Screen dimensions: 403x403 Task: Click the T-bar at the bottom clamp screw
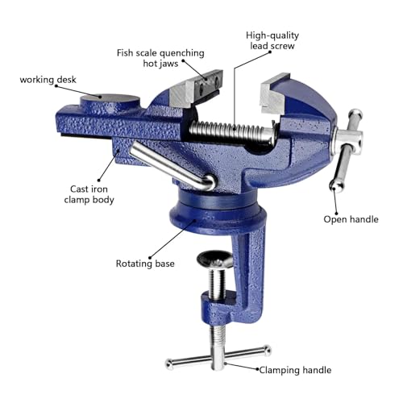217,359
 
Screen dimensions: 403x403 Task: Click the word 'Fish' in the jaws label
127,53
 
